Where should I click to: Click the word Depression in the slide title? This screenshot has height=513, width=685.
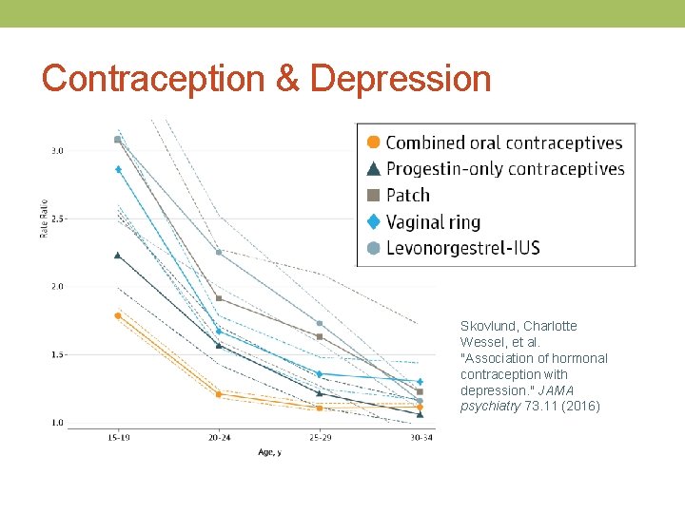[x=401, y=79]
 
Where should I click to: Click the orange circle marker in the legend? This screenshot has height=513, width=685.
[x=373, y=142]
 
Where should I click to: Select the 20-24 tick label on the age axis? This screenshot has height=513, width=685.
[x=219, y=438]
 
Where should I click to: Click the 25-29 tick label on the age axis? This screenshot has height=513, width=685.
[x=320, y=438]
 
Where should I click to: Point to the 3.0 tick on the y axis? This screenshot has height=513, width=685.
[x=57, y=151]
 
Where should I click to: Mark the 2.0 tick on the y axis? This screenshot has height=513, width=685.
[x=57, y=286]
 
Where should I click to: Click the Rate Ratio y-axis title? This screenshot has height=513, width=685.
[x=44, y=220]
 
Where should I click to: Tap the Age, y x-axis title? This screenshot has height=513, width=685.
[x=269, y=451]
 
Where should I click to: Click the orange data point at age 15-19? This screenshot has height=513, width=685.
[x=118, y=315]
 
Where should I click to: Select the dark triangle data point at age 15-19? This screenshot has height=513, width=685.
[x=118, y=255]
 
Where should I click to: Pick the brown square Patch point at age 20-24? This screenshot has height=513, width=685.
[x=219, y=298]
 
